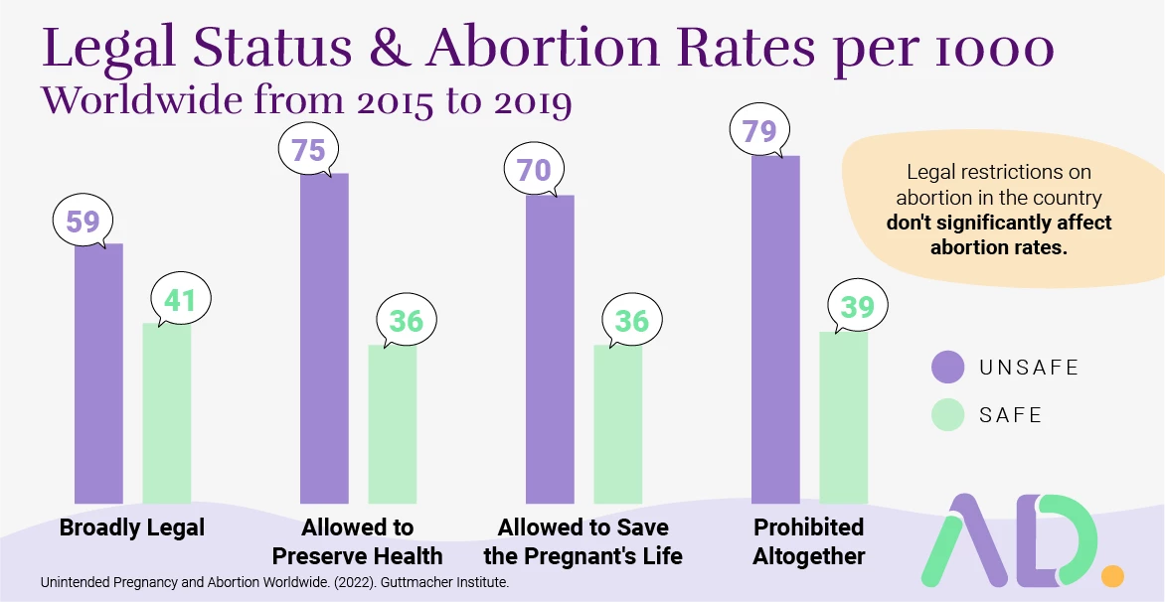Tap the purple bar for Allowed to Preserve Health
tap(324, 338)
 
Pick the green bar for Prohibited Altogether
tap(843, 417)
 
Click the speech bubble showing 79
tap(759, 130)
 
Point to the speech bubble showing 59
tap(83, 220)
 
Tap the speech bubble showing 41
tap(180, 300)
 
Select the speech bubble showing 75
tap(308, 149)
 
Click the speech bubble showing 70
tap(534, 170)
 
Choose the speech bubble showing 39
tap(857, 308)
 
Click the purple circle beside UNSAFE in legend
tap(947, 367)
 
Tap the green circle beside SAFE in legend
tap(947, 414)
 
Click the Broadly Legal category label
tap(132, 527)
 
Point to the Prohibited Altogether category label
tap(808, 540)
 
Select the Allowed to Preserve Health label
tap(358, 540)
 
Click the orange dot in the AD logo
tap(1112, 575)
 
